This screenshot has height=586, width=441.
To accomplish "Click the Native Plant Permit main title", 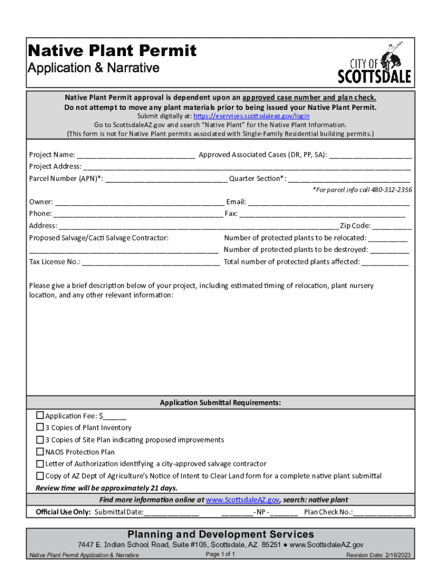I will pyautogui.click(x=112, y=51).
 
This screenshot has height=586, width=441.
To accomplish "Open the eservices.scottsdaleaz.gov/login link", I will pyautogui.click(x=251, y=116).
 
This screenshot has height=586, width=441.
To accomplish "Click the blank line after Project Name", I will pyautogui.click(x=136, y=155).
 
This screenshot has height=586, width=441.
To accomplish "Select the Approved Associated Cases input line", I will pyautogui.click(x=370, y=155).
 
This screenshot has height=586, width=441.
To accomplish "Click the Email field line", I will pyautogui.click(x=329, y=202).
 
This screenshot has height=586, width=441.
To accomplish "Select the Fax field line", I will pyautogui.click(x=322, y=214).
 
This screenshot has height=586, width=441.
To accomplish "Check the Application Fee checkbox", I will pyautogui.click(x=40, y=415).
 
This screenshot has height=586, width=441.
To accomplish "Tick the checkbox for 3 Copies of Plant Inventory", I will pyautogui.click(x=40, y=427).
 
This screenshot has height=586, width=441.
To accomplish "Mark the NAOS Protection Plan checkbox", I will pyautogui.click(x=40, y=452).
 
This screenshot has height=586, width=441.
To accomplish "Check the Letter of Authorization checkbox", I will pyautogui.click(x=40, y=464).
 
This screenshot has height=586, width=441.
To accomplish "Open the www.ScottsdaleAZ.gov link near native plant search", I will pyautogui.click(x=242, y=500).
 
